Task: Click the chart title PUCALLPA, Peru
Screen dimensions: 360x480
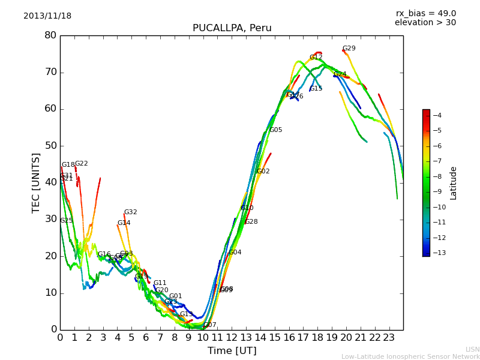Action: click(232, 28)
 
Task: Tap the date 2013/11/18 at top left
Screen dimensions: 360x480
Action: click(47, 16)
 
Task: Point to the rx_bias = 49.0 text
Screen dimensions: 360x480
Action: click(425, 14)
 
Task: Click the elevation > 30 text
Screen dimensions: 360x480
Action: click(425, 23)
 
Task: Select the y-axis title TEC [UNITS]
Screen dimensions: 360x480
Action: click(36, 182)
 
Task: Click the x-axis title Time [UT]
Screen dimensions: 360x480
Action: click(232, 351)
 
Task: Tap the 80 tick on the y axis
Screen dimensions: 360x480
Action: click(50, 35)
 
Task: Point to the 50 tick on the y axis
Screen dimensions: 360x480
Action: click(50, 146)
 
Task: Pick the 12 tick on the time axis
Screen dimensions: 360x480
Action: click(232, 338)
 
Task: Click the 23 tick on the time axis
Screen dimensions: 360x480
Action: click(389, 338)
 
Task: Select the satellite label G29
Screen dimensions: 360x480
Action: click(349, 49)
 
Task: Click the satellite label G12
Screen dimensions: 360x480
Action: click(316, 58)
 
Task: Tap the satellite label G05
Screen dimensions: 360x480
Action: click(275, 130)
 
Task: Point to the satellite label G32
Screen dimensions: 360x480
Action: click(130, 212)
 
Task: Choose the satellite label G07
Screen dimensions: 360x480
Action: click(210, 325)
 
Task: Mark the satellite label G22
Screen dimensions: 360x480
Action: click(81, 164)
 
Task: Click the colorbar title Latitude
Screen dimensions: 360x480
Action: click(454, 183)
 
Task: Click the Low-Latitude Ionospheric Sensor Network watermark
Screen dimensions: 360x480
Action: click(410, 356)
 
